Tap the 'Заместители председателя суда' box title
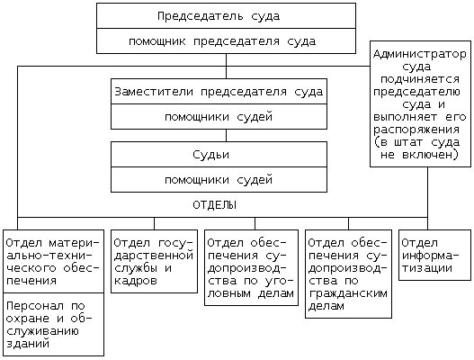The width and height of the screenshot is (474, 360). (x=219, y=92)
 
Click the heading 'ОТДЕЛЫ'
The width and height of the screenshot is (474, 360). (x=215, y=205)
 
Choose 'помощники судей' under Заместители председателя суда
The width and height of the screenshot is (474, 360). (x=219, y=117)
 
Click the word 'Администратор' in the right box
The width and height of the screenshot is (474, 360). (x=420, y=54)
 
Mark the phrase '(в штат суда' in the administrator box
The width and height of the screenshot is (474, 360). (x=420, y=142)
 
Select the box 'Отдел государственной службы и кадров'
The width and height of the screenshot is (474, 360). (x=154, y=261)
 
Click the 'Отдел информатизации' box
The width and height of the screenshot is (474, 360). (x=434, y=256)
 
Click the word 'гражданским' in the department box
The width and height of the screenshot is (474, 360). (x=349, y=293)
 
